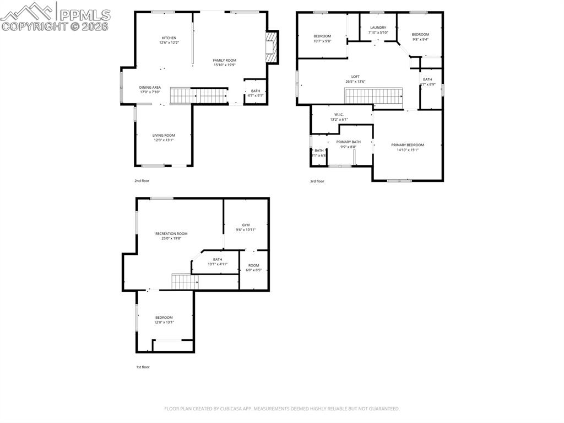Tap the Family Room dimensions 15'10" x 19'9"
[x=224, y=65]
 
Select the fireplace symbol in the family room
[x=269, y=47]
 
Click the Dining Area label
[x=150, y=87]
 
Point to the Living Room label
[x=164, y=135]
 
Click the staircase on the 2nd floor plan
[x=198, y=95]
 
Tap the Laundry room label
[x=378, y=27]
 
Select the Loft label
[x=355, y=77]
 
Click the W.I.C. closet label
[x=339, y=115]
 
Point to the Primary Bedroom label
[x=408, y=145]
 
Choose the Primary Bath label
[x=348, y=142]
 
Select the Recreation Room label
[x=171, y=234]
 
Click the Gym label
[x=246, y=225]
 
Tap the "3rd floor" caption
[x=317, y=181]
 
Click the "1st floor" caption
[x=142, y=367]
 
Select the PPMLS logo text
[x=84, y=15]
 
